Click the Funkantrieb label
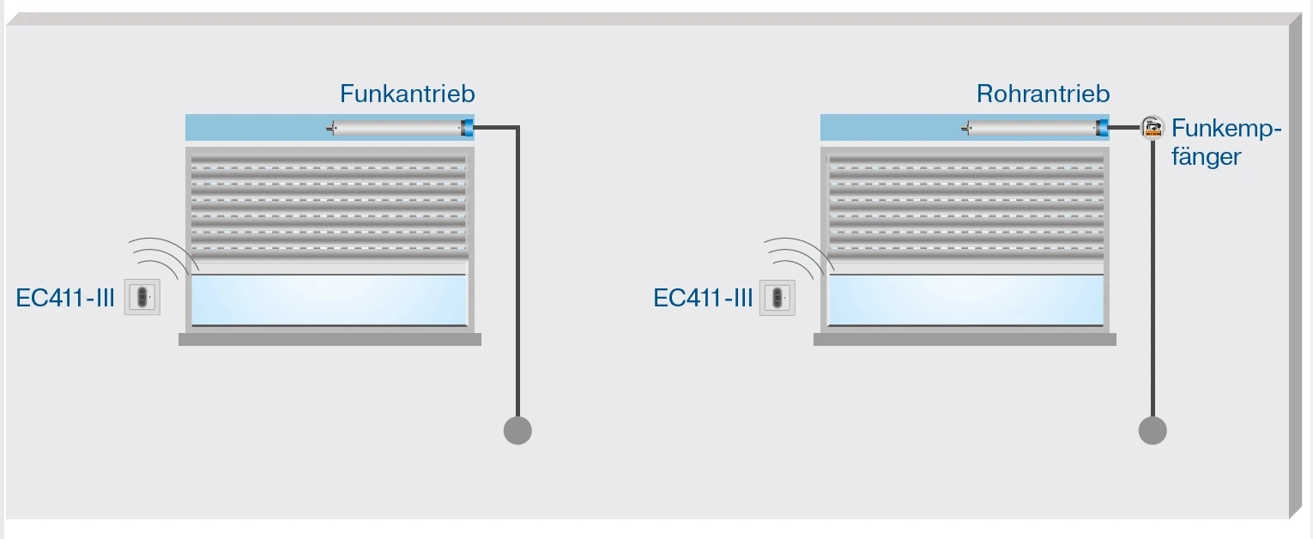tap(407, 94)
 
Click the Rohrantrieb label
tap(1043, 94)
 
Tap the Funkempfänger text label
tap(1225, 143)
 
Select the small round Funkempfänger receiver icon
tap(1152, 129)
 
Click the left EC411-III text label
tap(65, 299)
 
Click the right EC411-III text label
tap(702, 299)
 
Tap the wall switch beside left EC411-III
tap(142, 297)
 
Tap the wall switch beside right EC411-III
tap(778, 297)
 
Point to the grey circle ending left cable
tap(517, 430)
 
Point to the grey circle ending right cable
tap(1152, 430)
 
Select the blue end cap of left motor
tap(468, 129)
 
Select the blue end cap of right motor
tap(1103, 129)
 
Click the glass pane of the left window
tap(330, 300)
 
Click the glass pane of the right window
tap(965, 300)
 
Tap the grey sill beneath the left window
tap(330, 340)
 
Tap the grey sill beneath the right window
tap(965, 340)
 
